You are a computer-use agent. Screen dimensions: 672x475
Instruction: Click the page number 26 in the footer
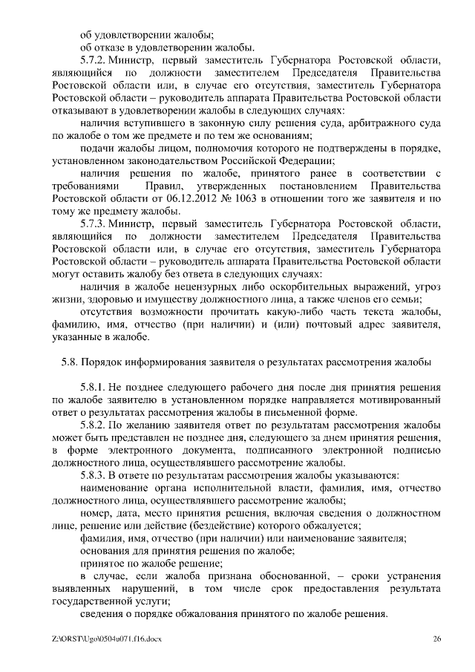pyautogui.click(x=437, y=640)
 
